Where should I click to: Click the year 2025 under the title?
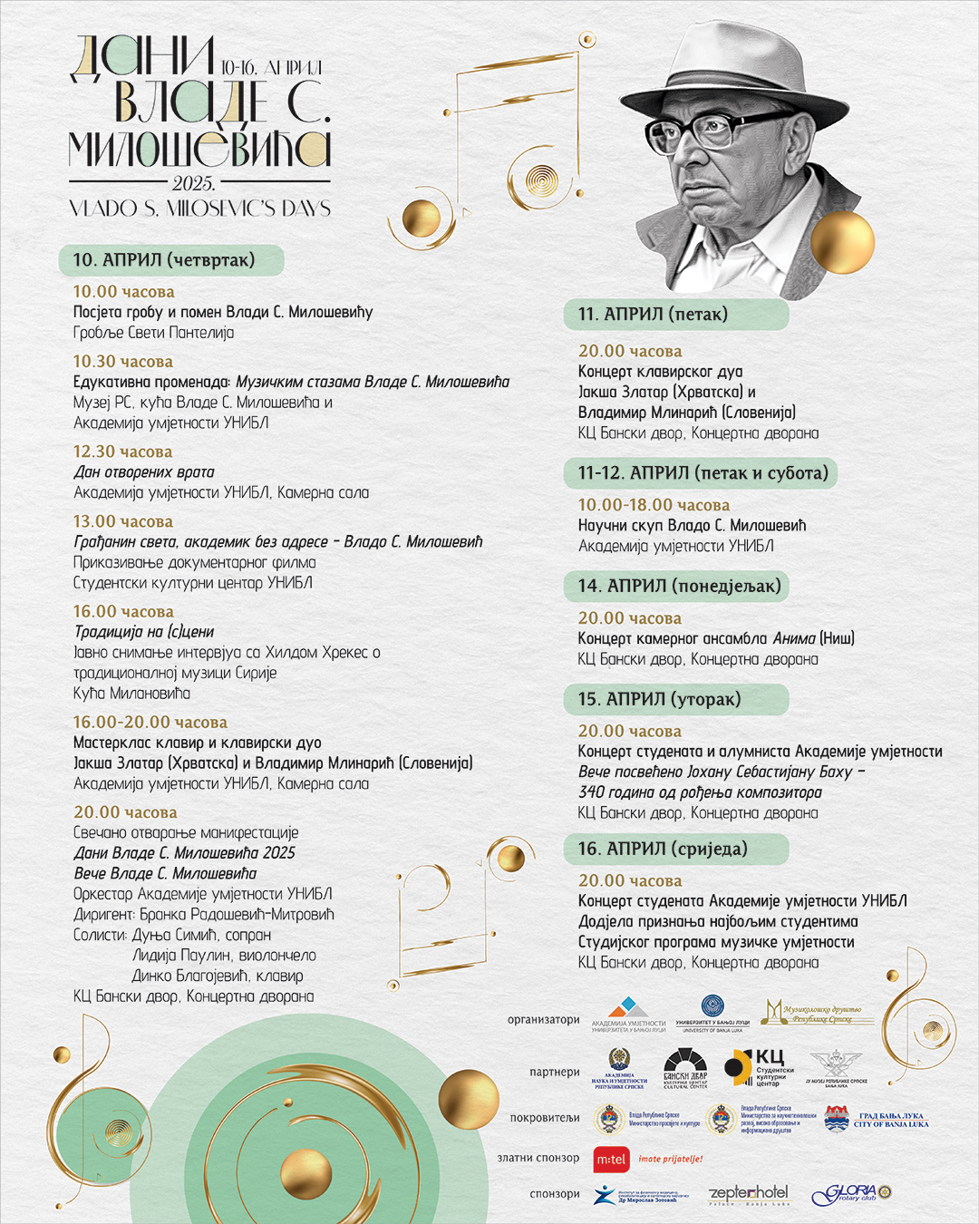click(193, 184)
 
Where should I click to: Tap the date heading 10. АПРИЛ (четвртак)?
click(164, 260)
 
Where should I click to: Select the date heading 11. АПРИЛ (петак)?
click(653, 315)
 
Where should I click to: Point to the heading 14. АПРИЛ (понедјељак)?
click(679, 586)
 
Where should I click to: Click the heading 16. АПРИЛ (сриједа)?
click(663, 849)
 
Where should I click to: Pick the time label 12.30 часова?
click(122, 452)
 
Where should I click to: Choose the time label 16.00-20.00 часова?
click(150, 723)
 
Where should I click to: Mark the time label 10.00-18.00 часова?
click(654, 505)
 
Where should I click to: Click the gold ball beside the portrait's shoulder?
click(842, 243)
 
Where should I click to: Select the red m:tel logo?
click(612, 1159)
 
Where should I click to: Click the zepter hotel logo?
click(748, 1194)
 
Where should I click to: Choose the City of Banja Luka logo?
click(876, 1120)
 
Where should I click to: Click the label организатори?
click(543, 1020)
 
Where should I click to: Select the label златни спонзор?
click(538, 1158)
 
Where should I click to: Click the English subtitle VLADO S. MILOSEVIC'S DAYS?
click(200, 209)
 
